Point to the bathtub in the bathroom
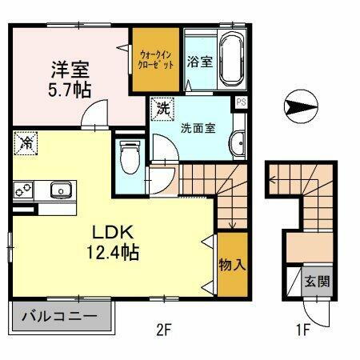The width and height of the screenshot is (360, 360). point(231,61)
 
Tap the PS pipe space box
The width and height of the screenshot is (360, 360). point(240,102)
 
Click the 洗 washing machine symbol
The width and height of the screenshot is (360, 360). point(163,108)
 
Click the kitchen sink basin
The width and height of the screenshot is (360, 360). point(60,190)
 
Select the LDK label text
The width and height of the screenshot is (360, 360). point(115,232)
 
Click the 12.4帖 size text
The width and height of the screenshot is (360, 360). point(114,253)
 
